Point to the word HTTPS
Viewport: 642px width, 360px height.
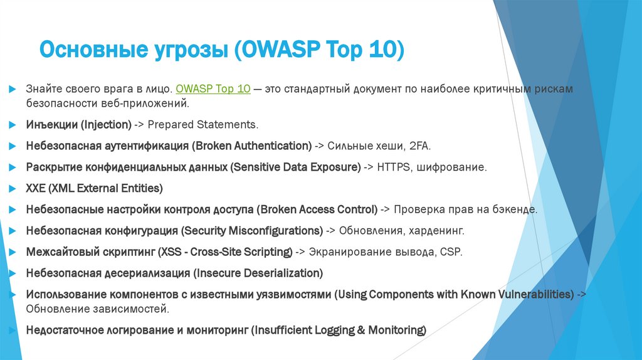394,167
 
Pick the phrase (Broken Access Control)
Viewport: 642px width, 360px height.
318,209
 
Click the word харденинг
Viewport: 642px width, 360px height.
436,231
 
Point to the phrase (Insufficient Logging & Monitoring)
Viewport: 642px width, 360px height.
339,330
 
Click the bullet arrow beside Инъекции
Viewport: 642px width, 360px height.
13,125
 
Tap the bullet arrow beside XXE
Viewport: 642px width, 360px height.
13,188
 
